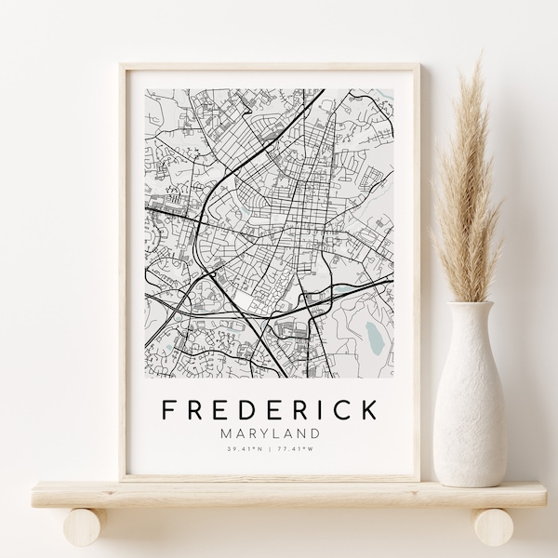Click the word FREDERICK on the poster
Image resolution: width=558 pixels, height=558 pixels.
pyautogui.click(x=270, y=409)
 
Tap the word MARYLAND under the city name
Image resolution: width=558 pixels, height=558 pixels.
pyautogui.click(x=270, y=432)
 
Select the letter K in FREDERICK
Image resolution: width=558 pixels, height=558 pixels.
pyautogui.click(x=369, y=409)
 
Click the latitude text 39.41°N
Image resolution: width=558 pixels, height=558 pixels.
pyautogui.click(x=245, y=450)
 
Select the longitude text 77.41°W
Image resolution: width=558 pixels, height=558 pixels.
pyautogui.click(x=295, y=450)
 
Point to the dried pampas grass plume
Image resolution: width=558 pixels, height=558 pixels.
pyautogui.click(x=471, y=186)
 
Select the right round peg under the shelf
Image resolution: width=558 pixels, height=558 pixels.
pyautogui.click(x=494, y=526)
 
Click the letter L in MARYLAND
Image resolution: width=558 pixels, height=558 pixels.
pyautogui.click(x=278, y=432)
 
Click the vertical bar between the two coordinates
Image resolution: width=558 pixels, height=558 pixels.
pyautogui.click(x=270, y=450)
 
